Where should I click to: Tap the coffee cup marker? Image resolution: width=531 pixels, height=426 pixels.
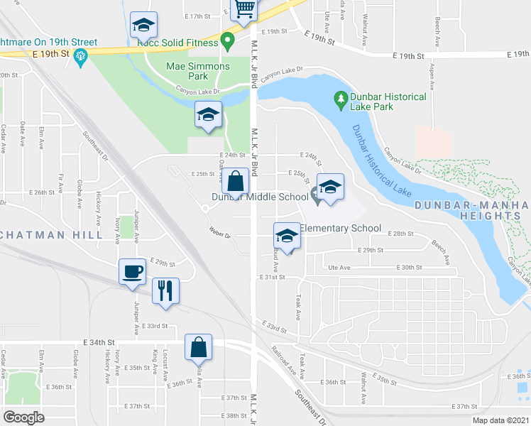133,272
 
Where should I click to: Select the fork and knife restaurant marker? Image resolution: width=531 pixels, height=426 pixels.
165,290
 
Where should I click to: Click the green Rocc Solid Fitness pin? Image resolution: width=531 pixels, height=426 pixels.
228,41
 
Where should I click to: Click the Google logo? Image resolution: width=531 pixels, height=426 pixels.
24,417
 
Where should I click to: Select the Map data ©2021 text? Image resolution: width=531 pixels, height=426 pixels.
500,420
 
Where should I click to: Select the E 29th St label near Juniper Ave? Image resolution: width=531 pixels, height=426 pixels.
162,262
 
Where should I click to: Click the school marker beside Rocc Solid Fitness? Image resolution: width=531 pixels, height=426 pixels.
143,26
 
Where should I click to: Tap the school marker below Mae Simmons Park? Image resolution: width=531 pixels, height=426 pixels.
208,115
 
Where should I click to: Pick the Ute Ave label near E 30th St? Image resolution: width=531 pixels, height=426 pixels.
340,268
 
